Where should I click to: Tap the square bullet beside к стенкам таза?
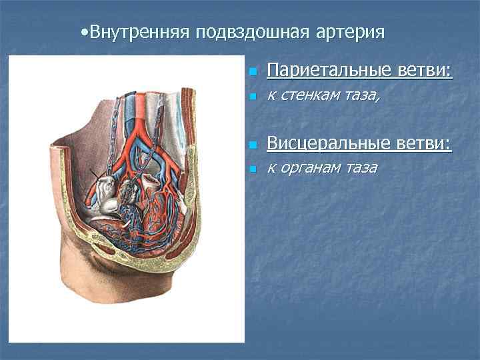(x=251, y=97)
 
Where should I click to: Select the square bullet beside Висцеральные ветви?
(x=251, y=145)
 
